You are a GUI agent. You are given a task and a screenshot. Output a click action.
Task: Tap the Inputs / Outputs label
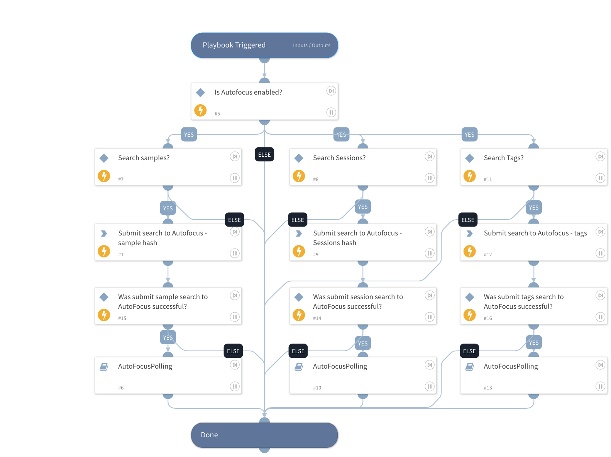pyautogui.click(x=311, y=46)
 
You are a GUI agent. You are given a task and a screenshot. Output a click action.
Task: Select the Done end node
pyautogui.click(x=264, y=435)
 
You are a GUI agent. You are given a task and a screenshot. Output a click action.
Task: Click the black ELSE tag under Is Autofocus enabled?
pyautogui.click(x=264, y=155)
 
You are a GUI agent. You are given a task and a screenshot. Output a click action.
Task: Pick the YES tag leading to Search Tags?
pyautogui.click(x=469, y=135)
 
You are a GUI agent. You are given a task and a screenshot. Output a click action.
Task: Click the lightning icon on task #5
pyautogui.click(x=200, y=110)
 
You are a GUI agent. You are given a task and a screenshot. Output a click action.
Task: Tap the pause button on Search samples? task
pyautogui.click(x=235, y=178)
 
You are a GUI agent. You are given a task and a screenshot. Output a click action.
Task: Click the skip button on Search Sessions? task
pyautogui.click(x=430, y=156)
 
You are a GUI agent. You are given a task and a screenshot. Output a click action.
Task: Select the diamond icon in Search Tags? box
pyautogui.click(x=470, y=158)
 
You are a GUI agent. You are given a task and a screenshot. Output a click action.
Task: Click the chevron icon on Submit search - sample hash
pyautogui.click(x=104, y=234)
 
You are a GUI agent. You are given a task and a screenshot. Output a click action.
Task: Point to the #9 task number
pyautogui.click(x=316, y=255)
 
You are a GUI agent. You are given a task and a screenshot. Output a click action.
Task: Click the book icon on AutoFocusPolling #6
pyautogui.click(x=104, y=367)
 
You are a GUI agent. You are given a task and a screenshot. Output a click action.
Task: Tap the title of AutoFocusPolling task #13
pyautogui.click(x=511, y=366)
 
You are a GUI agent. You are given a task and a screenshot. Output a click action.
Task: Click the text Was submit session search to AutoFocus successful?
pyautogui.click(x=357, y=301)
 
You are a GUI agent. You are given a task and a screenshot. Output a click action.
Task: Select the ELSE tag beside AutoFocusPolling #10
pyautogui.click(x=298, y=351)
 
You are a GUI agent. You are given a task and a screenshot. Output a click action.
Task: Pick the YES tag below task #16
pyautogui.click(x=534, y=343)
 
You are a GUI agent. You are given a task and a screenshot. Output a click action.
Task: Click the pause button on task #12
pyautogui.click(x=600, y=253)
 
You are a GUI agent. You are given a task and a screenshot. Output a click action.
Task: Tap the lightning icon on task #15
pyautogui.click(x=104, y=315)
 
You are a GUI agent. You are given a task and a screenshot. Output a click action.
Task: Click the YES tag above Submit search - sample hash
pyautogui.click(x=168, y=208)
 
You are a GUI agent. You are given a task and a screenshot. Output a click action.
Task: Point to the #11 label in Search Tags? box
pyautogui.click(x=488, y=179)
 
